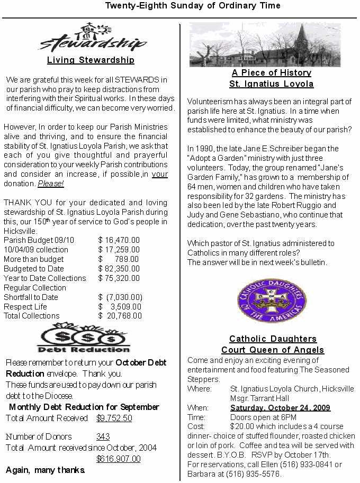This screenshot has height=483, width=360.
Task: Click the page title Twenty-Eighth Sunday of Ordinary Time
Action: point(193,6)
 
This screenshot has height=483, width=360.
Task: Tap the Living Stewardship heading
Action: point(91,60)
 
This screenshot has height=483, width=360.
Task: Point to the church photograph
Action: point(265,44)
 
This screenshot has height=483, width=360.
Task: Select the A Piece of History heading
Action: point(271,73)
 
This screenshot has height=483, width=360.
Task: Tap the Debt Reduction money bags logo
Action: point(84,338)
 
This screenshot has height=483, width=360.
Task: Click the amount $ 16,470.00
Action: point(119,240)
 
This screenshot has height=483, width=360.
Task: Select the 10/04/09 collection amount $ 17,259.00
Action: point(119,250)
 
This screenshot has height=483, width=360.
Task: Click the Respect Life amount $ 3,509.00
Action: point(120,307)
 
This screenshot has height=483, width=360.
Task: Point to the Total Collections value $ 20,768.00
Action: point(120,316)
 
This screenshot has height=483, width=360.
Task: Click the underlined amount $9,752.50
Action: point(114,418)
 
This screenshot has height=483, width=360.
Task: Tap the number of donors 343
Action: point(103,437)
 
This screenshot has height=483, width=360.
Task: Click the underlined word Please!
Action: point(51,184)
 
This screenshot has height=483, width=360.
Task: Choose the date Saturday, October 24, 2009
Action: point(280,408)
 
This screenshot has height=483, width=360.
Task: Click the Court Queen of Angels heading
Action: point(272,350)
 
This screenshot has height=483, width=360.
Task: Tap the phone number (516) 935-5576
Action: point(256,474)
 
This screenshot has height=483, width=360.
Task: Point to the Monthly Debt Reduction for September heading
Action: point(84,407)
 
